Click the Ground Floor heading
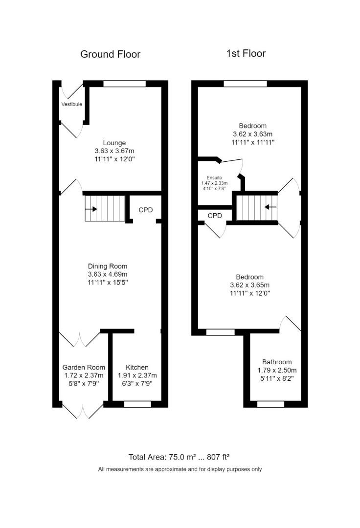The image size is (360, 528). (x=110, y=54)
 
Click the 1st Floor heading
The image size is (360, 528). (x=246, y=54)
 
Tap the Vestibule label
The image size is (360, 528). (x=72, y=105)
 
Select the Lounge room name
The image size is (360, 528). (x=114, y=143)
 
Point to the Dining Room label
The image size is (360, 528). (x=108, y=266)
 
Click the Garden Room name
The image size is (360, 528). (x=84, y=367)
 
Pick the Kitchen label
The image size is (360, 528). (x=137, y=367)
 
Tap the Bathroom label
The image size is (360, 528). (x=277, y=362)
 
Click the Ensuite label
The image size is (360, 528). (x=214, y=177)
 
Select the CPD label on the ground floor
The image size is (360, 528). (x=145, y=210)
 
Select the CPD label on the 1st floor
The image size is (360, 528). (x=215, y=216)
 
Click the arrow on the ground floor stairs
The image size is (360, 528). (x=91, y=209)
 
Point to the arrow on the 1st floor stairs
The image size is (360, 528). (x=270, y=207)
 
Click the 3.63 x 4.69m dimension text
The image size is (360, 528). (x=108, y=274)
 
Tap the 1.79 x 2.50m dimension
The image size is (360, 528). (x=277, y=371)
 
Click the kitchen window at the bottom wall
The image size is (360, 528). (x=137, y=404)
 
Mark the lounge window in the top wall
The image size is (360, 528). (x=124, y=84)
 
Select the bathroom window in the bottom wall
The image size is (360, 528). (x=270, y=404)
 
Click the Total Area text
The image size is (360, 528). (x=179, y=457)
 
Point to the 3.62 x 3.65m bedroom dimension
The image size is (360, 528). (x=249, y=285)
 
